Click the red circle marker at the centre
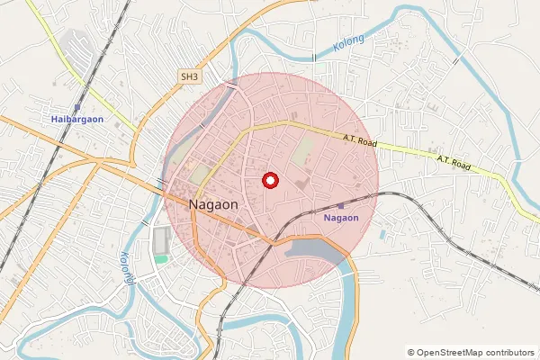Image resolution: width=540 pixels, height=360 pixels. (x=269, y=180)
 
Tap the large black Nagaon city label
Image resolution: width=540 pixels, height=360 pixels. (x=214, y=205)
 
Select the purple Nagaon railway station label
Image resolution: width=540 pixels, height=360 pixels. (x=341, y=218)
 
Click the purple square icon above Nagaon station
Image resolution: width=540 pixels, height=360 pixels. (x=341, y=207)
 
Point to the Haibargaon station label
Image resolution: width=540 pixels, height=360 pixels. (x=77, y=119)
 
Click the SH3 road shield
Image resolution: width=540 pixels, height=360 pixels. (x=188, y=77)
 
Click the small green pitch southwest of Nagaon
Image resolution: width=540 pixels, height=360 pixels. (x=160, y=259)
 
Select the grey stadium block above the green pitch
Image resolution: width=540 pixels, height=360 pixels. (x=161, y=240)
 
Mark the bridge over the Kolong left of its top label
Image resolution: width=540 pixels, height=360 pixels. (x=314, y=57)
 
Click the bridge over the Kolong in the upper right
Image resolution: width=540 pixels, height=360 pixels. (x=456, y=61)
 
